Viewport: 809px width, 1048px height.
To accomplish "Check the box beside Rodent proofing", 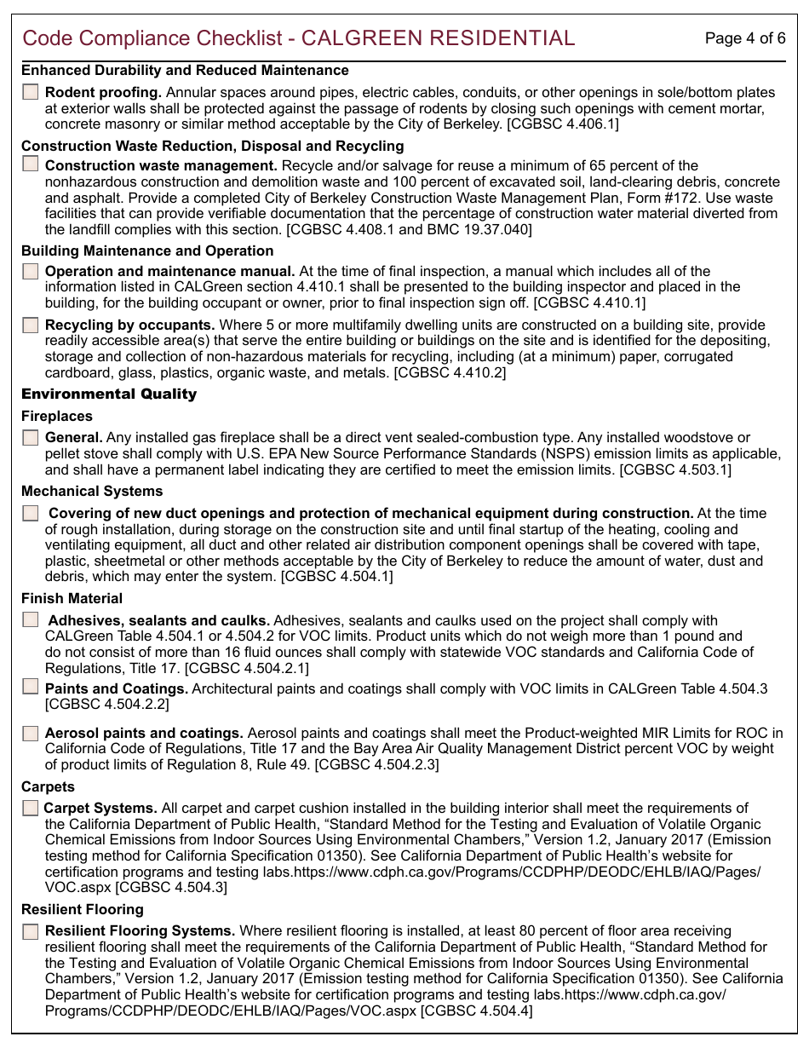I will point(31,92).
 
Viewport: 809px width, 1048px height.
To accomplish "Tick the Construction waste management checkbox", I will point(31,164).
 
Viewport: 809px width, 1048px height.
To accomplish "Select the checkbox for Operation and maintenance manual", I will point(31,272).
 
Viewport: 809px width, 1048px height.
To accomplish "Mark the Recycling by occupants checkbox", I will point(31,325).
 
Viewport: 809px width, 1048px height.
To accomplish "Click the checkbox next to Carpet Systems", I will point(31,808).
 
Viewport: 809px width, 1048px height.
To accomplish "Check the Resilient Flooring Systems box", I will point(31,931).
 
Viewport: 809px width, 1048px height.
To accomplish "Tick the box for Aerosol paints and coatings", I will point(31,733).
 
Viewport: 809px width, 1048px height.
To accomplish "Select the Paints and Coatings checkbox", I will point(31,687).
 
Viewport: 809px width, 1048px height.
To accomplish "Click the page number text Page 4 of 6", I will point(745,38).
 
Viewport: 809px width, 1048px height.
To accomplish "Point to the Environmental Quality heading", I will point(109,394).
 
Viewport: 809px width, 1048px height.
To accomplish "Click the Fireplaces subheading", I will point(57,417).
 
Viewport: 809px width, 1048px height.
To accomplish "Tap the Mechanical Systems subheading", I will point(92,492).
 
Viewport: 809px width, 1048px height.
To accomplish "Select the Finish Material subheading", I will point(72,599).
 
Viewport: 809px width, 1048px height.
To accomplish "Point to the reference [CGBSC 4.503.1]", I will point(674,469).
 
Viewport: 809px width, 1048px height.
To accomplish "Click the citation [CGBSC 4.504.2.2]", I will point(106,705).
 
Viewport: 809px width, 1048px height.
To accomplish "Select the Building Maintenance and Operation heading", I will point(147,251).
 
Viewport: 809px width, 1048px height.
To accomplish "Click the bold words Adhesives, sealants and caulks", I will point(159,620).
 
